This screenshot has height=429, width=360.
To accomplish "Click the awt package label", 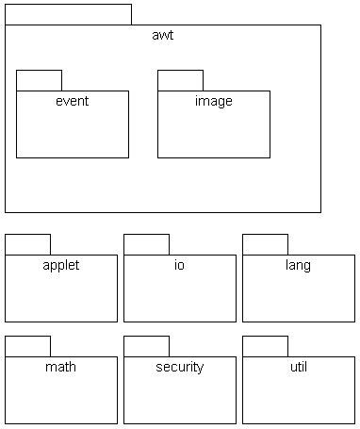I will tap(162, 36).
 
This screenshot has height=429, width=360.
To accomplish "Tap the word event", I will tap(73, 101).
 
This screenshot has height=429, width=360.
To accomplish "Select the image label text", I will tap(213, 101).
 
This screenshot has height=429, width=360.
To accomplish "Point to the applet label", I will tap(61, 265).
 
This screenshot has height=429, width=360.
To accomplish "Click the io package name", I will tap(179, 265).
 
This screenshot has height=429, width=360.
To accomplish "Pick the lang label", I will tap(298, 265).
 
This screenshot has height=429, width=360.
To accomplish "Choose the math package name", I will tap(61, 367).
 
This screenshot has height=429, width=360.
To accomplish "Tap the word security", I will tap(179, 367).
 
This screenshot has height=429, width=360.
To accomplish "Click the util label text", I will tap(298, 367).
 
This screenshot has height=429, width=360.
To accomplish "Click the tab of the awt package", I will tap(68, 14).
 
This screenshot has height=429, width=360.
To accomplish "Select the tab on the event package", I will tap(39, 80).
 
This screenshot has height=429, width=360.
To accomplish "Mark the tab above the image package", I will tap(180, 80).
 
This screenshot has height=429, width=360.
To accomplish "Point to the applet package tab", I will tap(27, 244).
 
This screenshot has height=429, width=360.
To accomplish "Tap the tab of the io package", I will tap(146, 244).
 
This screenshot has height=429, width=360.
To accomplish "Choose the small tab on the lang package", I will tap(265, 244).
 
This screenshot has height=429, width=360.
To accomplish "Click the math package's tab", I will tap(27, 346).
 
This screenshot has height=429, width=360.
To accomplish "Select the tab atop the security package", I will tap(146, 346).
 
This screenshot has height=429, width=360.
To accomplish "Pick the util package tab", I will tap(265, 346).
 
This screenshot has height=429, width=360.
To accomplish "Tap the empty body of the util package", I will tap(298, 401).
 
